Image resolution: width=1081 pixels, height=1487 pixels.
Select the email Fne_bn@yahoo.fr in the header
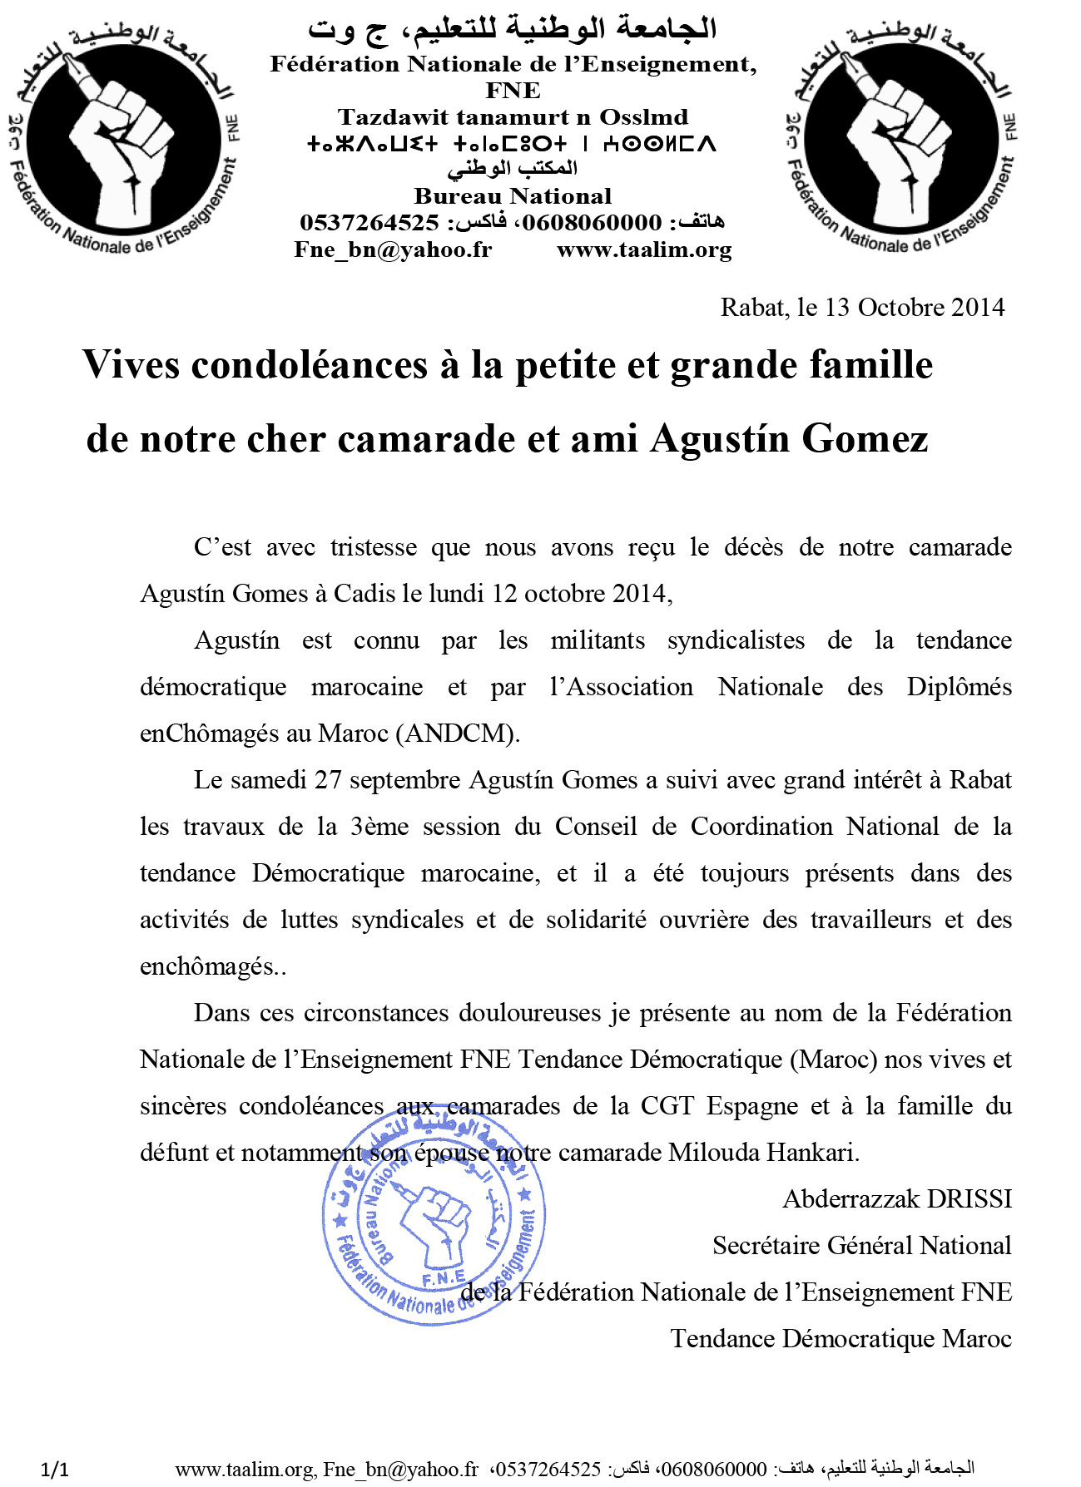coord(393,249)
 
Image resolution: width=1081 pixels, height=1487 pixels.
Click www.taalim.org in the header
coord(644,249)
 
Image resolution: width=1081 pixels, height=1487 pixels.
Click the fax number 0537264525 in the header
coord(369,223)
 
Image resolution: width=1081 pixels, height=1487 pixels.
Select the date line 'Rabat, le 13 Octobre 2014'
coord(862,308)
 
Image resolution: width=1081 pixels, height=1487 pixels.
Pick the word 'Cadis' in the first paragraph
coord(364,594)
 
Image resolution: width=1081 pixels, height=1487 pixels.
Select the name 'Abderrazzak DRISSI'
coord(897,1199)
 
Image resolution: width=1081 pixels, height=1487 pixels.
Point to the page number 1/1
coord(55,1470)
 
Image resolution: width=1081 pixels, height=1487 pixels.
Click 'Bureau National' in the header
coord(513,196)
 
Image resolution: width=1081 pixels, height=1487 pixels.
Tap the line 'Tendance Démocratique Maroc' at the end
coord(841,1339)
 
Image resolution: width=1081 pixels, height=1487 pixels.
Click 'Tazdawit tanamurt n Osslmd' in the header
coord(513,117)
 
